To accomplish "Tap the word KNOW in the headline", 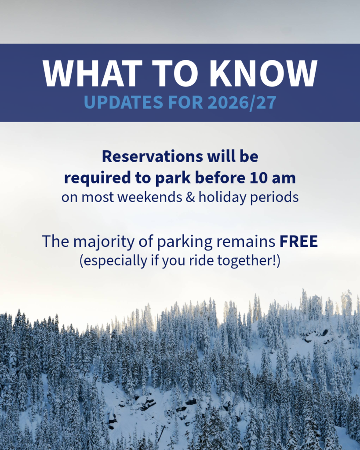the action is [264, 73].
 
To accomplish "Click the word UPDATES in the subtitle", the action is [124, 102].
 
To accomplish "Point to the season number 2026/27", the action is [242, 102].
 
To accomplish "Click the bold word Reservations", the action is [153, 156].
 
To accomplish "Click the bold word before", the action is [220, 178].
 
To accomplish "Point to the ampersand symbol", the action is [190, 197].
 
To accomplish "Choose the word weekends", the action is [149, 197].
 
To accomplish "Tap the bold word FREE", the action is [298, 241].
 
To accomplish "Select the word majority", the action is [104, 242].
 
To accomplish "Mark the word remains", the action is [246, 242].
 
